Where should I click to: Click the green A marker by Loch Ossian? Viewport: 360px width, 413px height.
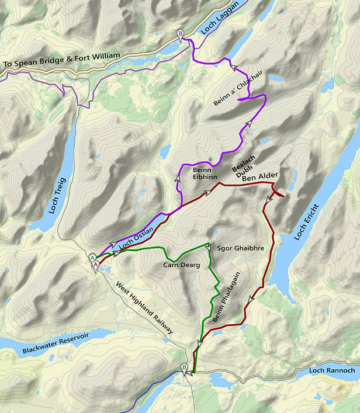point(92,257)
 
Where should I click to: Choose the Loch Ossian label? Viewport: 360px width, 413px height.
point(136,239)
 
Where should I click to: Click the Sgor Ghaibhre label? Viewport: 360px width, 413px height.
point(240,248)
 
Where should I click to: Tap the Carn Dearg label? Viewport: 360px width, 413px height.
point(181,265)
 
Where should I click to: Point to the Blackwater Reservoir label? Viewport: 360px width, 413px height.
point(56,343)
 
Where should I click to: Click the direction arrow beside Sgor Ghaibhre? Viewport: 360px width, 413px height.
point(207,248)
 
